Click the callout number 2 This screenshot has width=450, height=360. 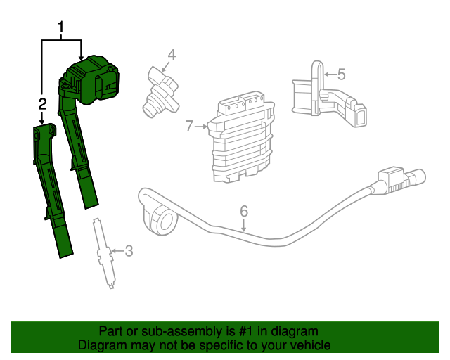click(43, 104)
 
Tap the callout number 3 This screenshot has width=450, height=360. click(128, 250)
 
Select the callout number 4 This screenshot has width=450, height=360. click(172, 55)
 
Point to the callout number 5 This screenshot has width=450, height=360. click(341, 73)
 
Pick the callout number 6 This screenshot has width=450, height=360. click(244, 211)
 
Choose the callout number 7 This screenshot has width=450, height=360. click(189, 127)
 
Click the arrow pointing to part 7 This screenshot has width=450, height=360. click(201, 127)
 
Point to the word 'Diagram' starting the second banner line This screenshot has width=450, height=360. click(103, 345)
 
